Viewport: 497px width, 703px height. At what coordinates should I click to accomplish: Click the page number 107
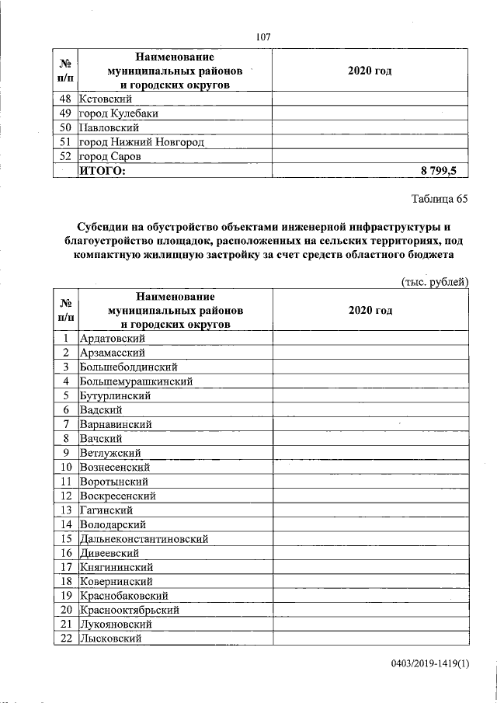point(262,37)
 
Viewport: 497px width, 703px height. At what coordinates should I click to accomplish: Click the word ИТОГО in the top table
point(102,170)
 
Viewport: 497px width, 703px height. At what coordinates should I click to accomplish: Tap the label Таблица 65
point(440,199)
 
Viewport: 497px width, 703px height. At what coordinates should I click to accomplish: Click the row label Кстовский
point(106,99)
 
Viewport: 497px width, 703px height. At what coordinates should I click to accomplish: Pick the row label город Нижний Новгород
point(142,141)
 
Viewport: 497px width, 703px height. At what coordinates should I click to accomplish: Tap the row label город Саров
point(110,155)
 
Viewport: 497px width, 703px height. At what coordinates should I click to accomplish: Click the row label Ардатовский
point(113,339)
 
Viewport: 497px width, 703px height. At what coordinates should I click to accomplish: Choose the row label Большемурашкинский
point(136,381)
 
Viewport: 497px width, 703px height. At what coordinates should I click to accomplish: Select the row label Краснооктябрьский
point(130,610)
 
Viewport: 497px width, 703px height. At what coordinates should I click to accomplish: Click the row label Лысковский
point(110,639)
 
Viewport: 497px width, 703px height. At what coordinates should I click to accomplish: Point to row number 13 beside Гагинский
point(66,510)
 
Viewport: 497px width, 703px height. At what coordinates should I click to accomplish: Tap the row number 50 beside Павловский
point(66,127)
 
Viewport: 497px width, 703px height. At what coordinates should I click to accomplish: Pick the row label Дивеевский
point(109,553)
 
